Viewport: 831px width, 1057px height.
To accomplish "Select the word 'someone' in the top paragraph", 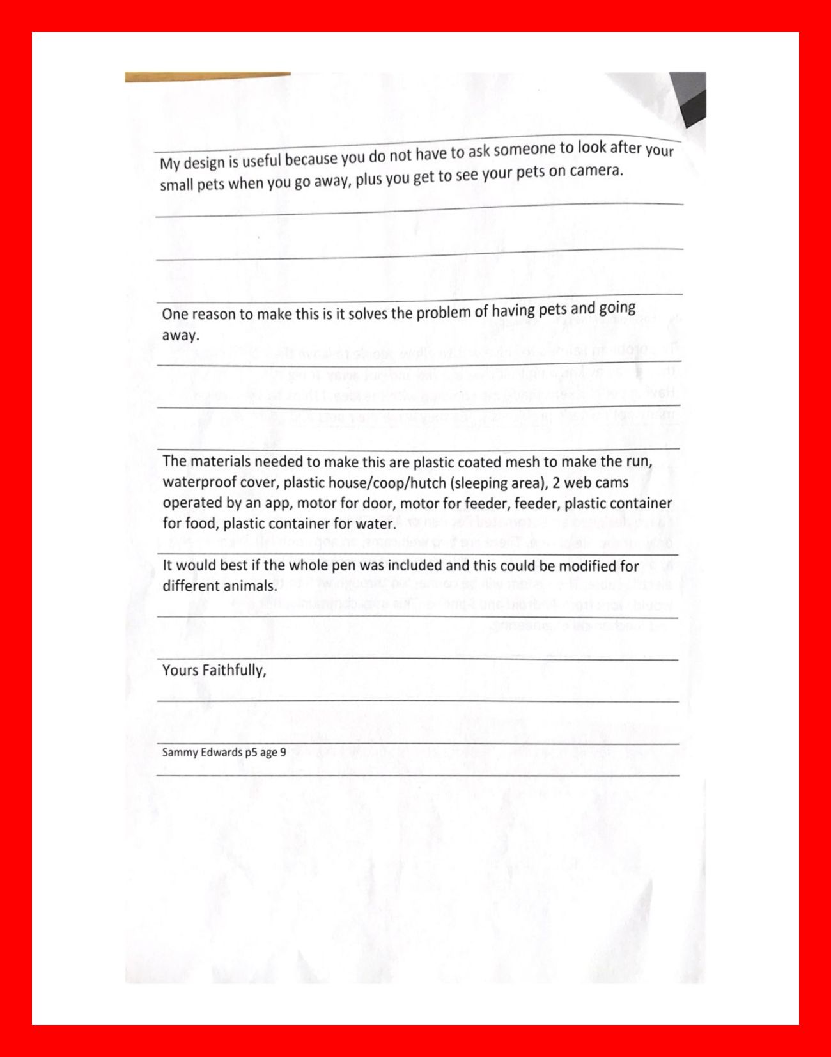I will coord(525,150).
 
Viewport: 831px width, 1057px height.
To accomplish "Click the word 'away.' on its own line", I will coord(180,335).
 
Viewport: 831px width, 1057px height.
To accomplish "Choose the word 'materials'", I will coord(224,462).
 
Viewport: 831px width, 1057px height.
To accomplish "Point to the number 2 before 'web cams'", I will coord(556,482).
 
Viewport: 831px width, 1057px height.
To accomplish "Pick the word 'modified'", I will coord(589,566).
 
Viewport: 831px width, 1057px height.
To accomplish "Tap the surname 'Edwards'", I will coord(221,752).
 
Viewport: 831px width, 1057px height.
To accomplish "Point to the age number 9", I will coord(283,753).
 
